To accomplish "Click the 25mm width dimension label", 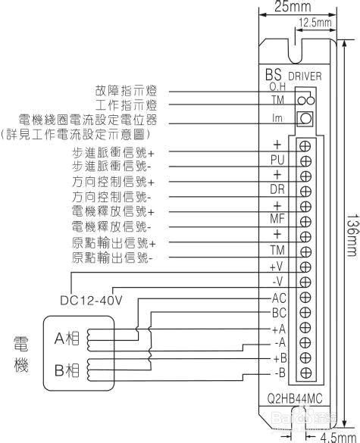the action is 293,6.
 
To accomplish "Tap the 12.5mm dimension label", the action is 315,22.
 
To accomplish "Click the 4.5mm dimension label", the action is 338,438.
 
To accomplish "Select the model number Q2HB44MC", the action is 295,399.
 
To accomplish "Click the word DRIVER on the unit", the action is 305,76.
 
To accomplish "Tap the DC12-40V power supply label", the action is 91,300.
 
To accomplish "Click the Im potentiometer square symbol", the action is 305,119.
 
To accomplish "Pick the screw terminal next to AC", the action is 305,297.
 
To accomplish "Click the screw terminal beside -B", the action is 305,373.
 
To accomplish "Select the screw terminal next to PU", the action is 305,161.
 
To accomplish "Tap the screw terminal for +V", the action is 305,267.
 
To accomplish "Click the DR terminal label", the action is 277,189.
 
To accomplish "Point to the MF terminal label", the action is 277,219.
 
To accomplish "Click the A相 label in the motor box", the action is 67,338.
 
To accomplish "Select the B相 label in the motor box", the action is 67,370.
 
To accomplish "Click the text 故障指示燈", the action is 126,91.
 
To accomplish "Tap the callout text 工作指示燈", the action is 126,105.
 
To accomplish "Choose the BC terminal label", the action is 279,313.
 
